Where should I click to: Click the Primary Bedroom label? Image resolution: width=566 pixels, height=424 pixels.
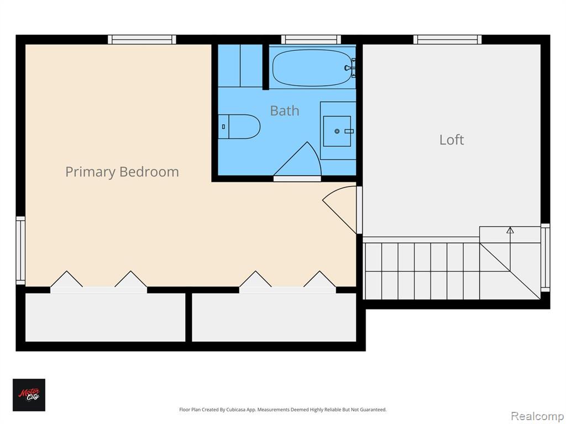(122, 172)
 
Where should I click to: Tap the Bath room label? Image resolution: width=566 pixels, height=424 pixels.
(285, 110)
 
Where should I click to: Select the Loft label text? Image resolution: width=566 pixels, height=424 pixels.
(452, 140)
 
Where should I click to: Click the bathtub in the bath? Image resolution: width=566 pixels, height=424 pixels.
(312, 68)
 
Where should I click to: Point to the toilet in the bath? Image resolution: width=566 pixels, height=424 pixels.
(239, 126)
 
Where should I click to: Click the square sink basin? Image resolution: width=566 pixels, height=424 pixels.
(337, 131)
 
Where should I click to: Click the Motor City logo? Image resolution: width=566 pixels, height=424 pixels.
(29, 395)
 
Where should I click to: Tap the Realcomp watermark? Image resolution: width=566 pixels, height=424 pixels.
(537, 416)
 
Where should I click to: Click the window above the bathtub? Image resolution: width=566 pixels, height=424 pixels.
(311, 39)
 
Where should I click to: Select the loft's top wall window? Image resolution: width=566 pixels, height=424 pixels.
(447, 39)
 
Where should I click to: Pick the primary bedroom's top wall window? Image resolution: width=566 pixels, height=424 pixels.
(142, 39)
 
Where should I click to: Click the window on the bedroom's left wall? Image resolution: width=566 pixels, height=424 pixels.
(20, 251)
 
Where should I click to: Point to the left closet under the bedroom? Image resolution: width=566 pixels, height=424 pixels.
(105, 317)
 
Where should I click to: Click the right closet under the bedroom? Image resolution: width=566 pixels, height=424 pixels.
(274, 317)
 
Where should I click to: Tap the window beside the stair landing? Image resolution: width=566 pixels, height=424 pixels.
(545, 257)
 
